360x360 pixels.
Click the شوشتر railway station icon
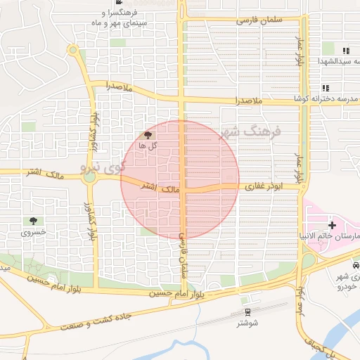coord(247,312)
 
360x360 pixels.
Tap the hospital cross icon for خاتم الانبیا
coord(332,224)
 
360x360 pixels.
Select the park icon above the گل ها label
coord(148,134)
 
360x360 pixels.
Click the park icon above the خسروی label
coord(33,221)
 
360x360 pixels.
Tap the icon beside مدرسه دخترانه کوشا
coord(326,88)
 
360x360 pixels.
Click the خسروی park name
coord(33,231)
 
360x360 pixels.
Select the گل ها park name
coord(148,145)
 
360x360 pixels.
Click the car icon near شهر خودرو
coord(356,266)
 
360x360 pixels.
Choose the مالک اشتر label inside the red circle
coord(161,188)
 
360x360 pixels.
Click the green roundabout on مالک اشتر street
coord(89,177)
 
